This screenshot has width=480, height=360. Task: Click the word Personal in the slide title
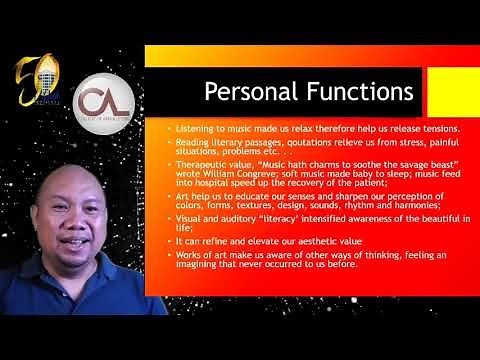pyautogui.click(x=245, y=92)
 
